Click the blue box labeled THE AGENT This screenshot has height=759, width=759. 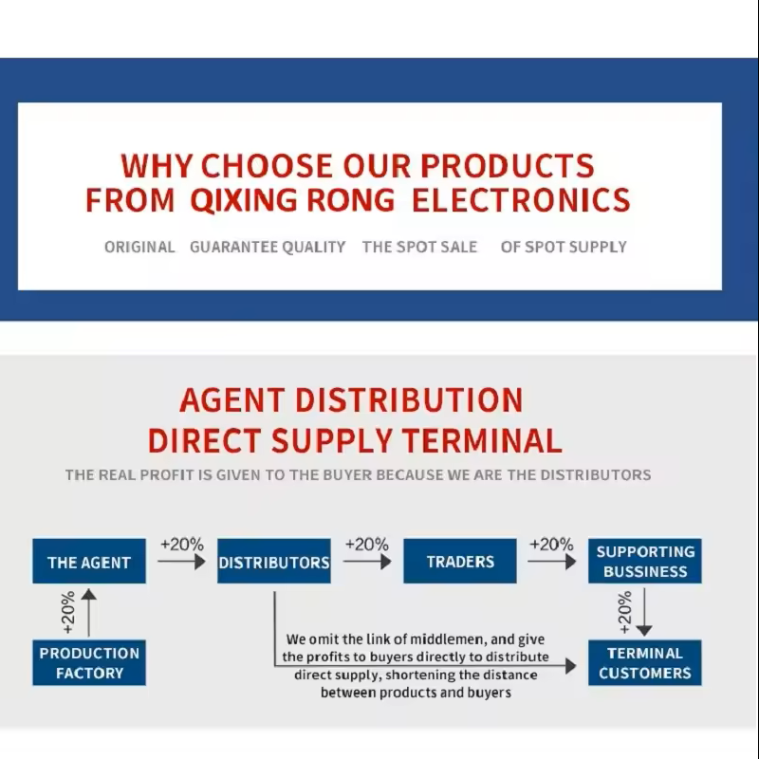click(x=89, y=561)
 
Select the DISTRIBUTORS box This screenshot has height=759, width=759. click(x=274, y=561)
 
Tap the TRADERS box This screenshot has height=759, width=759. click(x=460, y=561)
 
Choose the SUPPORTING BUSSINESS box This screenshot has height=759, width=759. click(x=645, y=561)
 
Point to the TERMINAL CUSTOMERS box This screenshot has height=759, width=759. click(x=645, y=662)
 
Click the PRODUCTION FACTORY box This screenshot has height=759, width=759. click(x=89, y=662)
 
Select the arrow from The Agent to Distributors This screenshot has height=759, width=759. click(x=181, y=562)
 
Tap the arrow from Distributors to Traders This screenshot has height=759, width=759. click(x=367, y=562)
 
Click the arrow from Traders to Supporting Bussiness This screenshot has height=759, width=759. click(x=552, y=562)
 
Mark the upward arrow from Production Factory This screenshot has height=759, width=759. click(x=88, y=612)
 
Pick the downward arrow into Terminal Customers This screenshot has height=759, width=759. click(x=644, y=612)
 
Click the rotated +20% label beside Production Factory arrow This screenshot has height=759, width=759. click(x=68, y=612)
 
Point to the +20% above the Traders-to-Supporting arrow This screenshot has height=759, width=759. click(x=551, y=544)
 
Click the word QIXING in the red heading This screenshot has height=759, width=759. click(x=244, y=200)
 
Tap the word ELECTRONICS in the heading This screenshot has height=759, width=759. click(x=521, y=200)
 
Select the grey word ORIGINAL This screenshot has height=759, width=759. click(x=139, y=247)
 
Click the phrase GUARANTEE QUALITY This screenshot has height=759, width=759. click(x=268, y=247)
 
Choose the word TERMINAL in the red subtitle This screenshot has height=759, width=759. click(x=482, y=440)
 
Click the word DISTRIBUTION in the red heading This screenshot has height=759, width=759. click(x=409, y=399)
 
